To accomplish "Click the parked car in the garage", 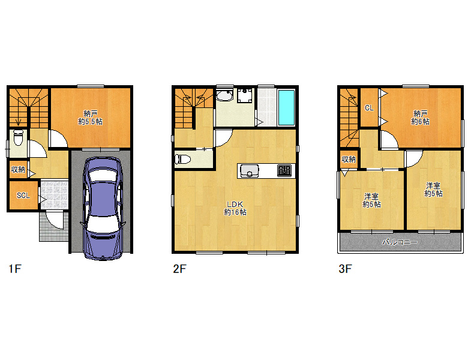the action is (x=103, y=208).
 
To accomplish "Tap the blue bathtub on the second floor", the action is (x=286, y=107).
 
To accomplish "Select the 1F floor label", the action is (x=15, y=269).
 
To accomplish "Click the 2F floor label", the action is (x=179, y=269).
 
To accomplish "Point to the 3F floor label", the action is (x=346, y=269).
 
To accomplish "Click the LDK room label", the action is (x=235, y=205).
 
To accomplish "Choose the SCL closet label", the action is (x=23, y=196).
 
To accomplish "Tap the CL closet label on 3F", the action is (x=369, y=108).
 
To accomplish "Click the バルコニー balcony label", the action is (x=400, y=242).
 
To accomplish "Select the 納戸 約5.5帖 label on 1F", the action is (x=91, y=118).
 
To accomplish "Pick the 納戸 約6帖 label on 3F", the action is (x=420, y=118).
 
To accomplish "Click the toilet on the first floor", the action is (x=18, y=137).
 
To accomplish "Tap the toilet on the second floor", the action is (x=183, y=159).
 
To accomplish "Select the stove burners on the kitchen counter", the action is (x=284, y=171).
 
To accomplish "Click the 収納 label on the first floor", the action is (x=18, y=170).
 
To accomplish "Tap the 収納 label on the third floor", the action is (x=349, y=160).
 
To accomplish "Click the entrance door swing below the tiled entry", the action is (x=55, y=220).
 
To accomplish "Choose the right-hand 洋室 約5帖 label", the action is (x=433, y=190).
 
